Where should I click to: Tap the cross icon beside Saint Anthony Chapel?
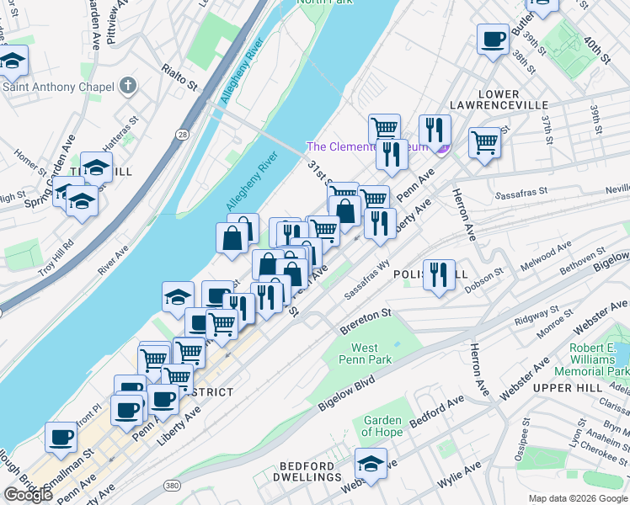[128, 85]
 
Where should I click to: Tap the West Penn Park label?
[365, 353]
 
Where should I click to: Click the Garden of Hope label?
[383, 427]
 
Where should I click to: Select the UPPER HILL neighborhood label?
[568, 387]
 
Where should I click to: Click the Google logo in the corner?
[29, 495]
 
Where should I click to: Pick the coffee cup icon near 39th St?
[494, 39]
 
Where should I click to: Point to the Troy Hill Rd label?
[56, 258]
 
